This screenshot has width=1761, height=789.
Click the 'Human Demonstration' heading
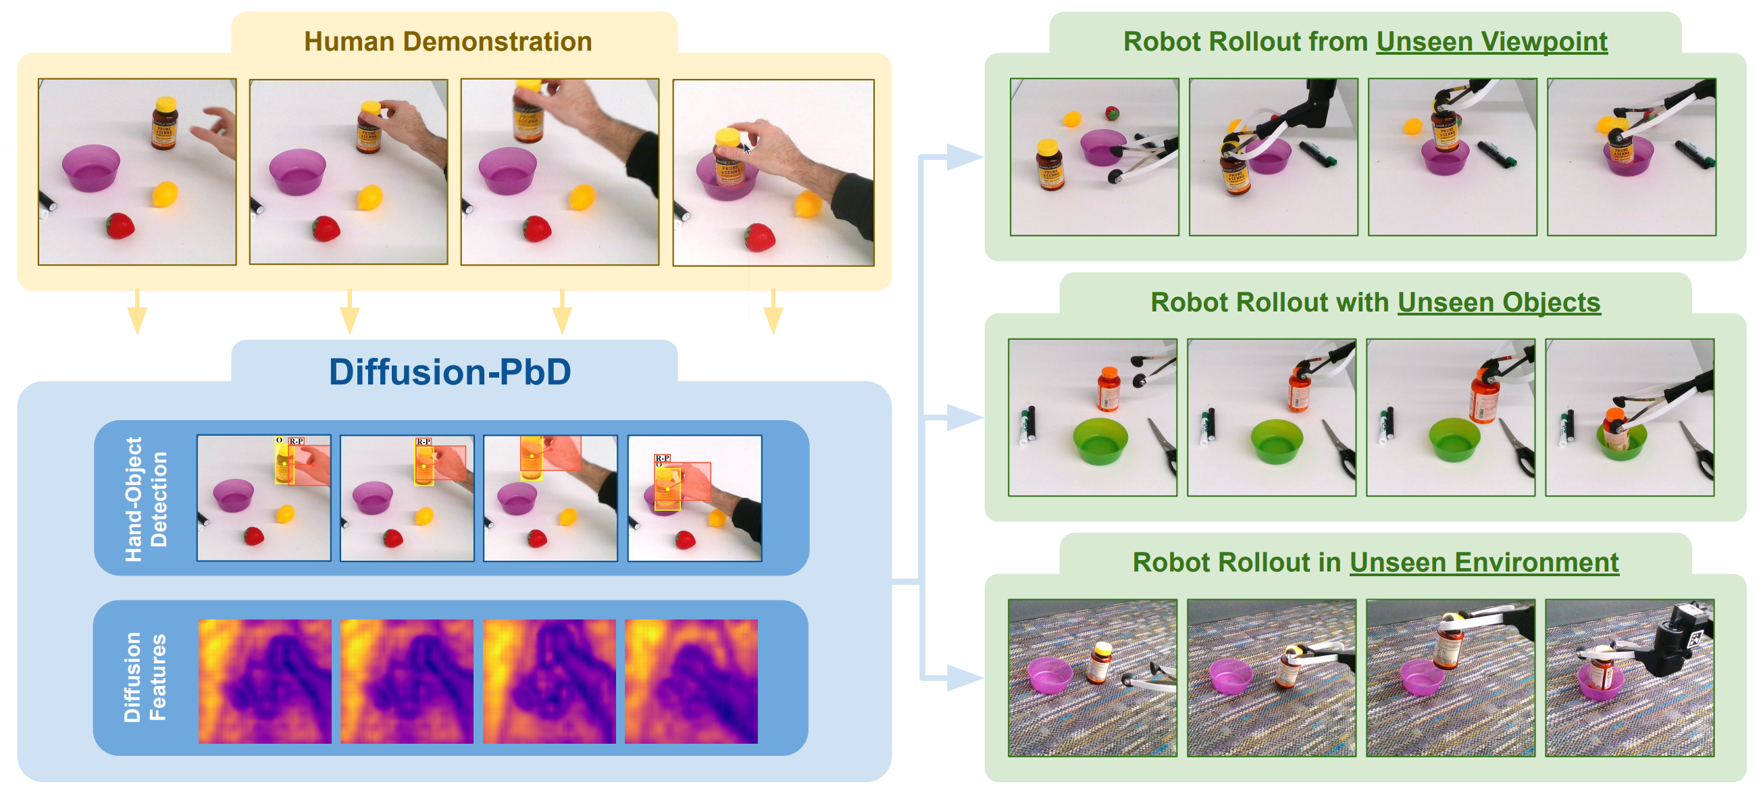click(448, 41)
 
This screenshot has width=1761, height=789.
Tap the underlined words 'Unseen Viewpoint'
click(1491, 41)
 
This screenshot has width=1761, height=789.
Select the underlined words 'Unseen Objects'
click(1498, 302)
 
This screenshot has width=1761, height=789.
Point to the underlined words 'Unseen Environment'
click(1483, 562)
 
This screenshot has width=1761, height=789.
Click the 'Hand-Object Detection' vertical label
click(146, 499)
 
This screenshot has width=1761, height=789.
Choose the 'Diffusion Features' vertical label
click(145, 677)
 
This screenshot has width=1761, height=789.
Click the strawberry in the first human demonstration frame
click(120, 226)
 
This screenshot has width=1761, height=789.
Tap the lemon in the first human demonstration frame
click(165, 194)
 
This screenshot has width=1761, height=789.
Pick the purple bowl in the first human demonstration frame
click(91, 168)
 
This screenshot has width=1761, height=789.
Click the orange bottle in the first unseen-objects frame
click(1108, 389)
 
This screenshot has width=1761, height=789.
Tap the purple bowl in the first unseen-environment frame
click(1049, 674)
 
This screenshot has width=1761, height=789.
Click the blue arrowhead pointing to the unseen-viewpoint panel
click(964, 157)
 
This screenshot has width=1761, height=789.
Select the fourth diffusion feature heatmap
click(691, 681)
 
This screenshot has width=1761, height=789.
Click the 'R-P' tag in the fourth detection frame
click(662, 458)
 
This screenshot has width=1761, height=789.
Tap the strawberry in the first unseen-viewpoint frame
click(1113, 113)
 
